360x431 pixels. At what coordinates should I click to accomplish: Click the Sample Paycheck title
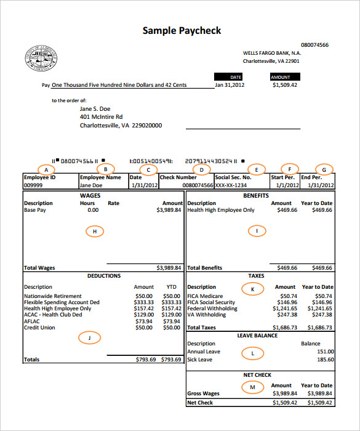tap(182, 31)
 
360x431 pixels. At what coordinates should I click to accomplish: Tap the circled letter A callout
tap(46, 169)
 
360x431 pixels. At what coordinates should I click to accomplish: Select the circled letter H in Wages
tap(94, 231)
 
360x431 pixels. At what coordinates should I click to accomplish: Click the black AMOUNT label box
tap(281, 77)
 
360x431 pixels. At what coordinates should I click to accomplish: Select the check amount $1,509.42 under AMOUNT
tap(284, 85)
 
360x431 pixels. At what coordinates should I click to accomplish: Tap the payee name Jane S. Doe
tap(95, 108)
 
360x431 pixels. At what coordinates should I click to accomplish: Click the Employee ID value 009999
tap(33, 185)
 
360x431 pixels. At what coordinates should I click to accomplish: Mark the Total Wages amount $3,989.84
tap(169, 268)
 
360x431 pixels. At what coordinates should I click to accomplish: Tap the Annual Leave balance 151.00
tap(324, 352)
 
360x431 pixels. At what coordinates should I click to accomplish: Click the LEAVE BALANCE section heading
tap(257, 336)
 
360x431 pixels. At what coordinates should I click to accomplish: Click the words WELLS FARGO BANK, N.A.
tap(271, 53)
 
